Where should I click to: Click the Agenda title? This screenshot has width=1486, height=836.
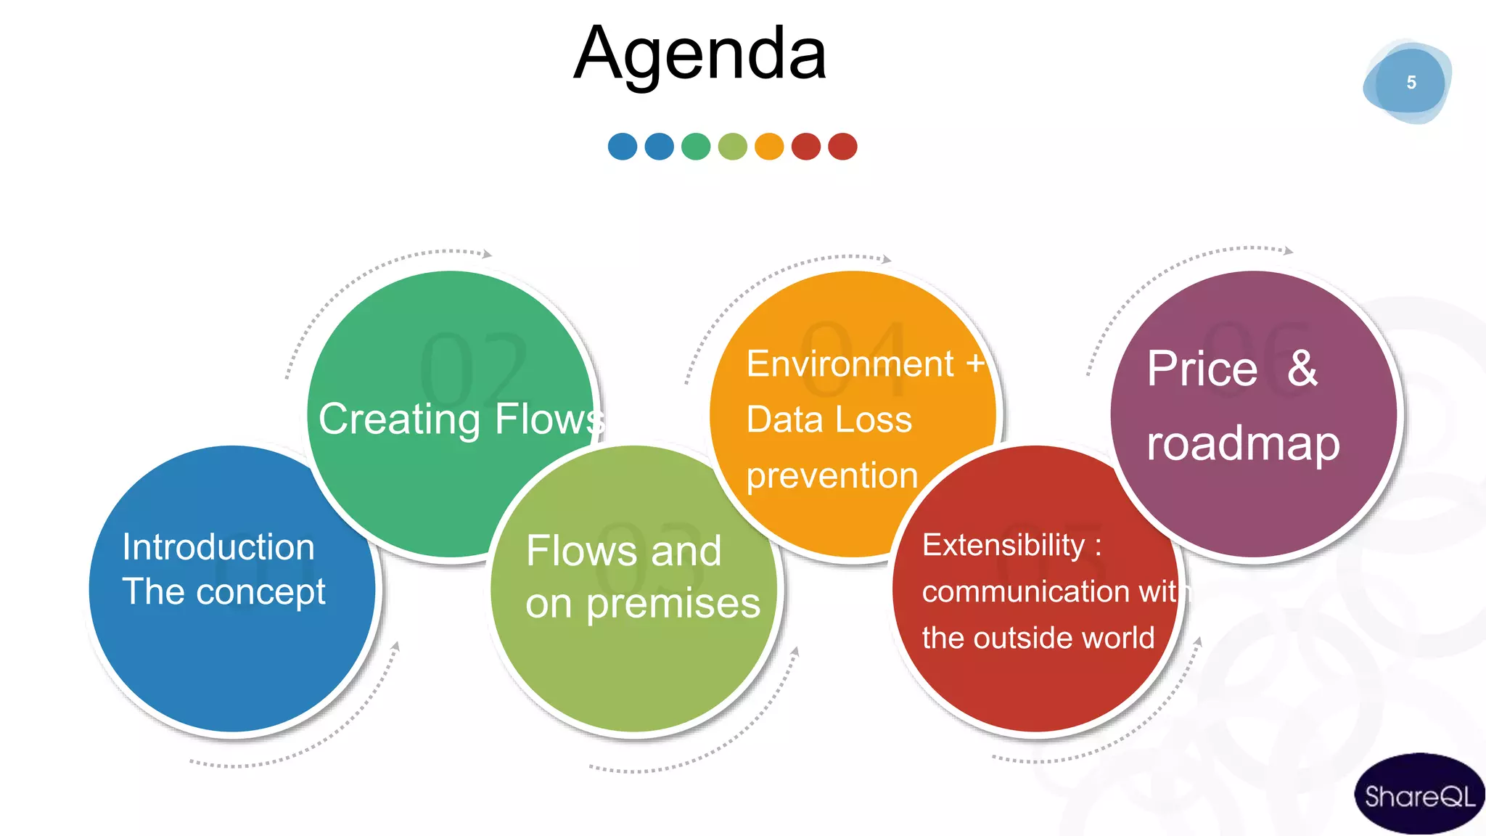[699, 54]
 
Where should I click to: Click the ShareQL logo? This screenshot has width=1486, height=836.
[1419, 795]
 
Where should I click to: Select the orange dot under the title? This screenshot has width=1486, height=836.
[769, 146]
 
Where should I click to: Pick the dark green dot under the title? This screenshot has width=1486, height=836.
[696, 146]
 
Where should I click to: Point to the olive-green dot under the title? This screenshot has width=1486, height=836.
[732, 146]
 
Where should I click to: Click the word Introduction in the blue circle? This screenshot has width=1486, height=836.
[218, 546]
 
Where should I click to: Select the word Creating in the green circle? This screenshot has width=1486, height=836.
[400, 419]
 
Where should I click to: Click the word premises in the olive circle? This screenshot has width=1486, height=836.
[673, 604]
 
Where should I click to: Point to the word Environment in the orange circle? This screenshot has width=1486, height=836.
[850, 364]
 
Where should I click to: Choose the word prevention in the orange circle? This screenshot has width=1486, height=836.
[832, 476]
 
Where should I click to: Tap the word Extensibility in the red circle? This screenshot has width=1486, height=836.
[1003, 545]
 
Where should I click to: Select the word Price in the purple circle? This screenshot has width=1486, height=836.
[1202, 369]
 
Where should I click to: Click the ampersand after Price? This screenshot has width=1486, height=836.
[1302, 368]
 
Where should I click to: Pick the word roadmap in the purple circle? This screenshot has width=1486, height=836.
[1243, 444]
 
